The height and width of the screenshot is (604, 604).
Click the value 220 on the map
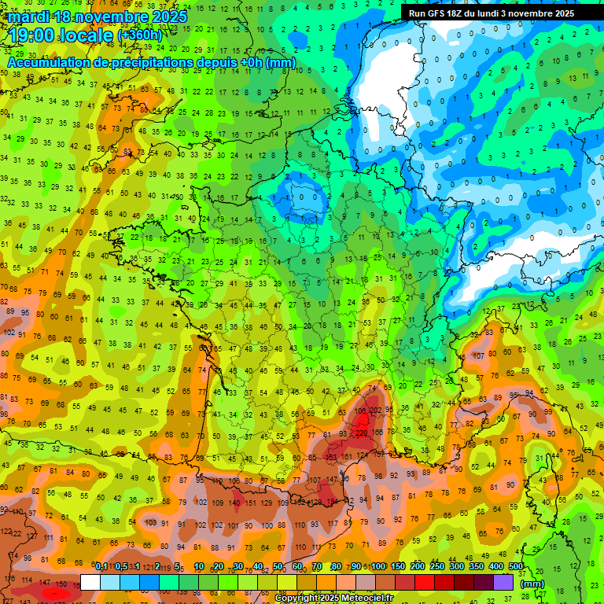[x=362, y=433]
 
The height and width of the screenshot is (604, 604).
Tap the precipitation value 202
[x=376, y=411]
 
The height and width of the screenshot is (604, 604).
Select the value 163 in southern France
[x=332, y=456]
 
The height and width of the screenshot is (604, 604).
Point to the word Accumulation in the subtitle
[x=48, y=62]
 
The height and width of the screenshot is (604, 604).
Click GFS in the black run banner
[x=440, y=13]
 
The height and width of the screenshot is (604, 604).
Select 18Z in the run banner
[x=462, y=13]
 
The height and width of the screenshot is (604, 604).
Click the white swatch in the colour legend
[x=90, y=583]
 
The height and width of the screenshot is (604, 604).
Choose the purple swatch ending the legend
[x=503, y=583]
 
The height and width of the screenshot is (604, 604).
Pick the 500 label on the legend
[x=516, y=567]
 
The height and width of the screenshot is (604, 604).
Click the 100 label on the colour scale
[x=378, y=567]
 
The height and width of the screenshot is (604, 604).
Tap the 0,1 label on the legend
[x=101, y=567]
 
